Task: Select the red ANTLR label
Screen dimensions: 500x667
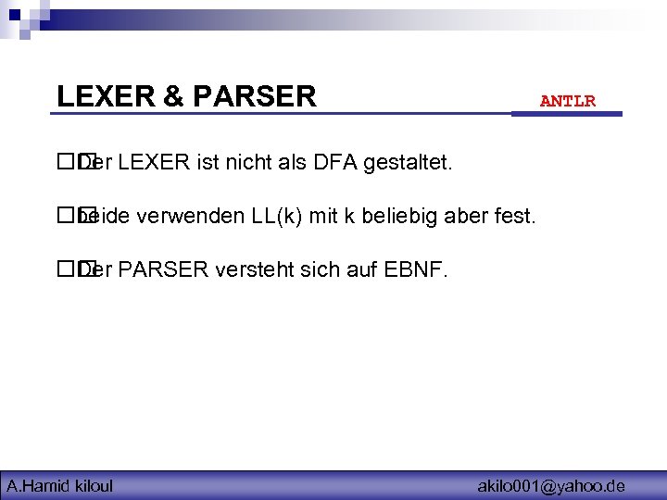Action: click(568, 101)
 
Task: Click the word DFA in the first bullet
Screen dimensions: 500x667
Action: click(337, 164)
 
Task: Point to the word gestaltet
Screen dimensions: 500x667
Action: click(409, 164)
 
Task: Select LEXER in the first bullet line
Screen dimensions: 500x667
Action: click(155, 164)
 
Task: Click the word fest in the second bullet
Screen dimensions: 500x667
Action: click(515, 218)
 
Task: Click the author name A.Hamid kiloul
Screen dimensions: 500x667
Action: click(60, 485)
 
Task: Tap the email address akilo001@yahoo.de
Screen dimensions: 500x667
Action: click(551, 485)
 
